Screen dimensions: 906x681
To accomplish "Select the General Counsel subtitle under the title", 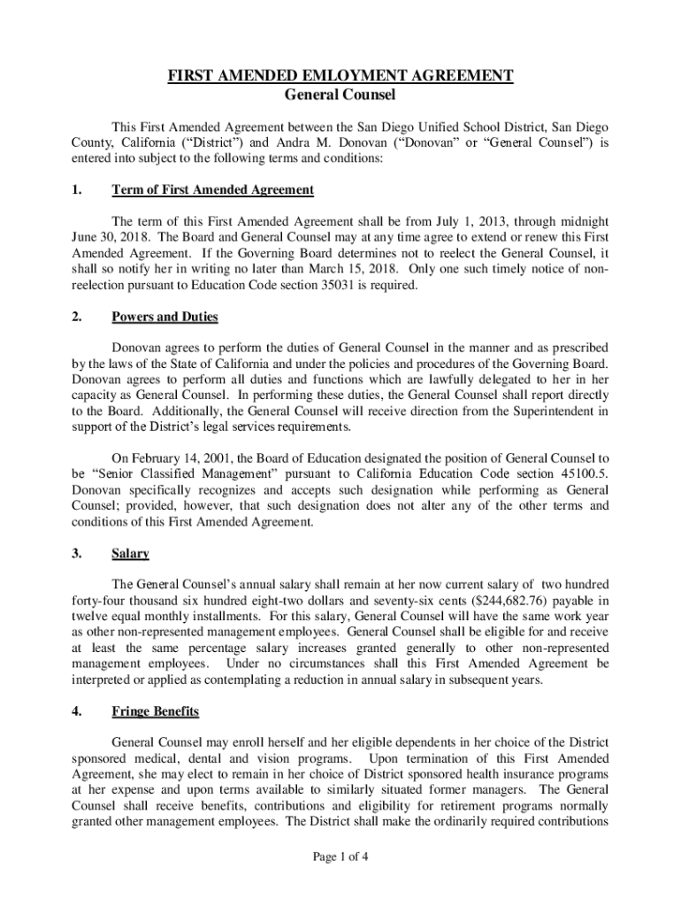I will (x=340, y=95).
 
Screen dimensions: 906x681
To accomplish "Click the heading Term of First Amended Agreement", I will (x=212, y=190).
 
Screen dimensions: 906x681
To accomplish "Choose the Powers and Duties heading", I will (x=165, y=318).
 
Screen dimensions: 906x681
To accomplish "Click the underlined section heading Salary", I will (x=130, y=554).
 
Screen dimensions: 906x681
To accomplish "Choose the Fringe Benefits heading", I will (x=155, y=711).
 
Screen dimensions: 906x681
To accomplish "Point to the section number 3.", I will (x=77, y=554).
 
